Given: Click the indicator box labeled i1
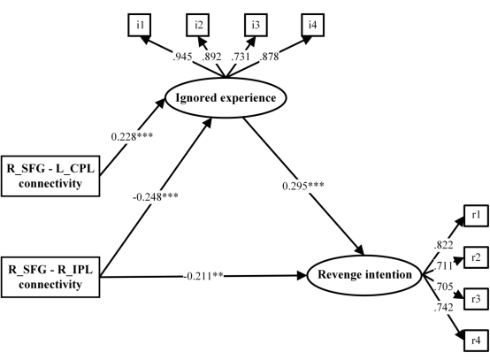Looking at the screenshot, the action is point(140,25).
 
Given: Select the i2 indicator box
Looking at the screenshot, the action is point(198,25).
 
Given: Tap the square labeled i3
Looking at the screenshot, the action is point(256,25).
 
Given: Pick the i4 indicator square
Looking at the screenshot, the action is point(313,25).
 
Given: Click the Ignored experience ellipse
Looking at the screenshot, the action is point(226,98).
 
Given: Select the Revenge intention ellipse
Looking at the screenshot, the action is point(364,275).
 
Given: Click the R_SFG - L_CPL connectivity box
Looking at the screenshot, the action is point(50,176).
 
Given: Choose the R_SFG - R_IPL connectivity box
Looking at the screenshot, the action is point(50,277).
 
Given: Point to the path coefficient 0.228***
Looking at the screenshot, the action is point(132,136).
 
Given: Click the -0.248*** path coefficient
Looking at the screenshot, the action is point(156,197).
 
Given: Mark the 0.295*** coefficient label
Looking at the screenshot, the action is point(303,186).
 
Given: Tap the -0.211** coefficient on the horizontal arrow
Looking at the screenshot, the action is point(203,276).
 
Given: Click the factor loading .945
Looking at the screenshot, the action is point(182,57).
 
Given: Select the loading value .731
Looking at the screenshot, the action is point(241,57).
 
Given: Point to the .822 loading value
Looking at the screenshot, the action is point(443,245).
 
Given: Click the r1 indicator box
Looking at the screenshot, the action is point(476,215).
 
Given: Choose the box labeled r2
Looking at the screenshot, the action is point(476,257).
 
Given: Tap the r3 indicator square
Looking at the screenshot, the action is point(476,299).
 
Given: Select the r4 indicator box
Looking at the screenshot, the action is point(476,341).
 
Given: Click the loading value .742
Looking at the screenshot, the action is point(443,308).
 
